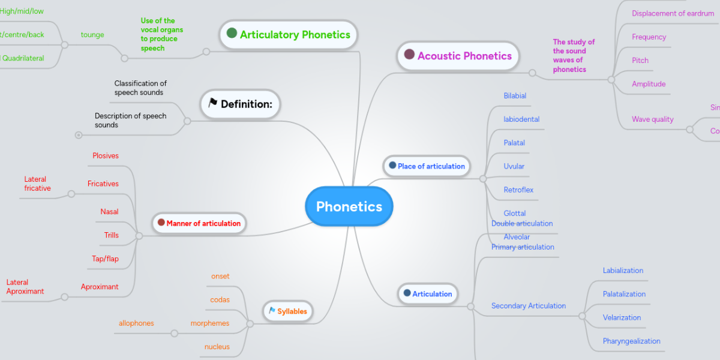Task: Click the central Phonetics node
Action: (349, 206)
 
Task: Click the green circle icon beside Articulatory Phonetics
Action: (232, 34)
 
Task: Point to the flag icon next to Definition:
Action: (212, 103)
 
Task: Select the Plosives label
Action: (106, 156)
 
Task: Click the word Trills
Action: (112, 235)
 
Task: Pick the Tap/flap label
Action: (105, 259)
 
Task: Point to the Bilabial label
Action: (515, 96)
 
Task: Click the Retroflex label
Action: (518, 190)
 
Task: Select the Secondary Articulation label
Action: (528, 306)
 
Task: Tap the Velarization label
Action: (622, 317)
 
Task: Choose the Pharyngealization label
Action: (631, 341)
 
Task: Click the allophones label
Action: (136, 323)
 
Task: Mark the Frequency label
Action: (649, 37)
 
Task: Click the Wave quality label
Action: (652, 119)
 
